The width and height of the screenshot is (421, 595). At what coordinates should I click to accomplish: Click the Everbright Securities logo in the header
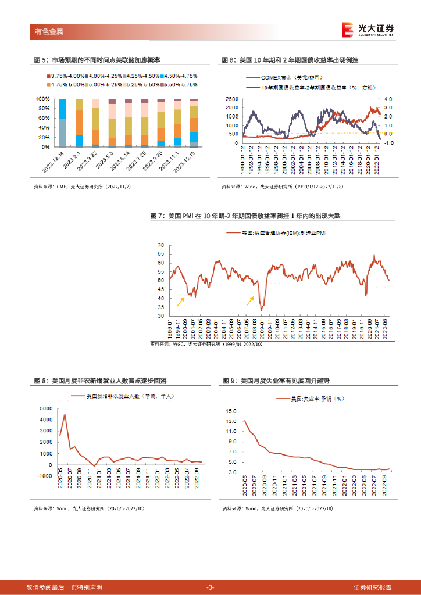(368, 29)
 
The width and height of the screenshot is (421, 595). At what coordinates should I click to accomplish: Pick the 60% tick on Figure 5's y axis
(42, 118)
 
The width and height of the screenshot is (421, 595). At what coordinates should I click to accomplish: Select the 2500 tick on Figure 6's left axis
(231, 99)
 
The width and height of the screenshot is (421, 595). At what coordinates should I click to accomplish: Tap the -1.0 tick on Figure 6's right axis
(388, 142)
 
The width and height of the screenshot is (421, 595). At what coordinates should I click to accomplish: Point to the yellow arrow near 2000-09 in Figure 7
(181, 300)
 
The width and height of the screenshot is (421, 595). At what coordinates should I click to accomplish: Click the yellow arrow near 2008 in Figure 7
(250, 300)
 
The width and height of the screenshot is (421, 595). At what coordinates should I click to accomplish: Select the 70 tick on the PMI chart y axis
(160, 245)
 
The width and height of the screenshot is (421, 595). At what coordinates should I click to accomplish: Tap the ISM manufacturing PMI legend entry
(277, 233)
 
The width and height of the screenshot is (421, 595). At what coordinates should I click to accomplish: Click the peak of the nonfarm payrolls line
(65, 414)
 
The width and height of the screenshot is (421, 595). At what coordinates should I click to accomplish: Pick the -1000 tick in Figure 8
(47, 475)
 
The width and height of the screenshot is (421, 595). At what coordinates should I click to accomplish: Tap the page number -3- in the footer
(211, 587)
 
